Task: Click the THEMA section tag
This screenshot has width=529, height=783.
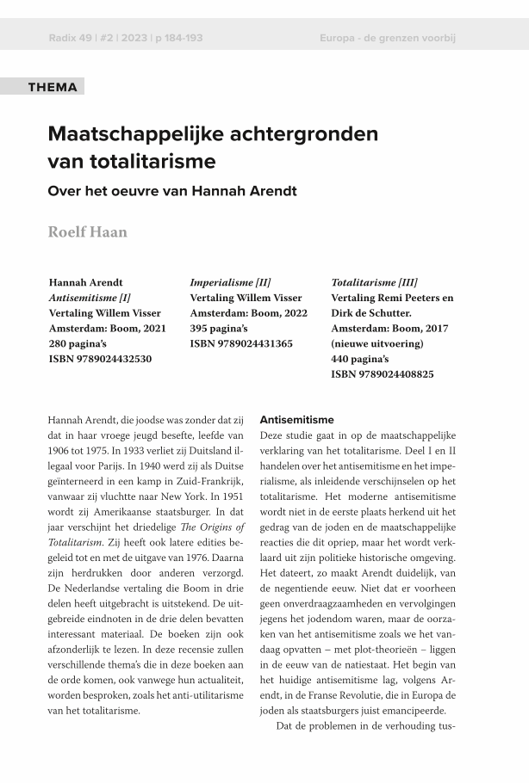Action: point(53,87)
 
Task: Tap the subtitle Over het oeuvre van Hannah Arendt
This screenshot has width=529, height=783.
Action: point(172,190)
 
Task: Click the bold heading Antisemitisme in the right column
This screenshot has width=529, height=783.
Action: point(296,420)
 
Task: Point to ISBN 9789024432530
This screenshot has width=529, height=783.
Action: point(100,359)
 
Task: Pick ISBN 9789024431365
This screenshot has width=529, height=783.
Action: point(241,343)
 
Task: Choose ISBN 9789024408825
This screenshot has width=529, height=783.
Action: point(383,374)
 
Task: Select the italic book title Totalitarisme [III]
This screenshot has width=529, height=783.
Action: point(374,282)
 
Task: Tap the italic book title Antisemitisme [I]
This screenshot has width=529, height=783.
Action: point(90,298)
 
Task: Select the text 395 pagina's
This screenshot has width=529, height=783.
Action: point(219,329)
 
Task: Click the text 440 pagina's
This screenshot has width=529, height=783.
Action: point(360,359)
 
